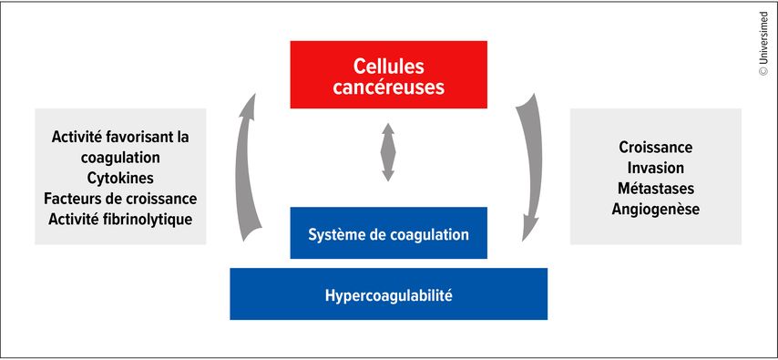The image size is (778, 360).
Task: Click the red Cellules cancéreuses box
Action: pyautogui.click(x=388, y=75)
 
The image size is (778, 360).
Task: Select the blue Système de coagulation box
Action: pyautogui.click(x=388, y=233)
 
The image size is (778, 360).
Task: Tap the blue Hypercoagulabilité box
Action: pyautogui.click(x=388, y=294)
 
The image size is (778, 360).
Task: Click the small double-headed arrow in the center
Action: pyautogui.click(x=388, y=152)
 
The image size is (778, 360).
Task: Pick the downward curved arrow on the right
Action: pyautogui.click(x=531, y=169)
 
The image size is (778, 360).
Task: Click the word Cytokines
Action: pyautogui.click(x=120, y=178)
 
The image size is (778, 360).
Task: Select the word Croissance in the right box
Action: pyautogui.click(x=655, y=148)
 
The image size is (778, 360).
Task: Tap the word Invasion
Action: pyautogui.click(x=655, y=168)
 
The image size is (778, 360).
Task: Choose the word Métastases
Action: pyautogui.click(x=655, y=189)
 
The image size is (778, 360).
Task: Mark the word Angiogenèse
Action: pyautogui.click(x=655, y=210)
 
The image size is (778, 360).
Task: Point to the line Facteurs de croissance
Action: pyautogui.click(x=120, y=199)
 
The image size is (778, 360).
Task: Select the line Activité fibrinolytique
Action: pyautogui.click(x=120, y=220)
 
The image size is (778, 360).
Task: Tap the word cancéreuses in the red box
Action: pyautogui.click(x=388, y=87)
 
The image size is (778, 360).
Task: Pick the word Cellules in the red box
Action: pyautogui.click(x=388, y=67)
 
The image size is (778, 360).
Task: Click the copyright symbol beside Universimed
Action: pyautogui.click(x=763, y=71)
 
